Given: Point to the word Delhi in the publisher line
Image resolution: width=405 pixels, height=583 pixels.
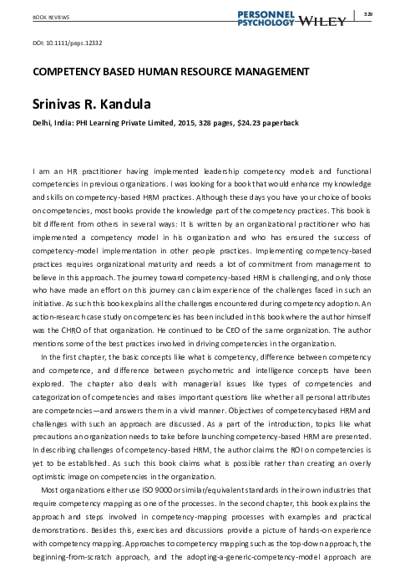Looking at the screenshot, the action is [x=41, y=122].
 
